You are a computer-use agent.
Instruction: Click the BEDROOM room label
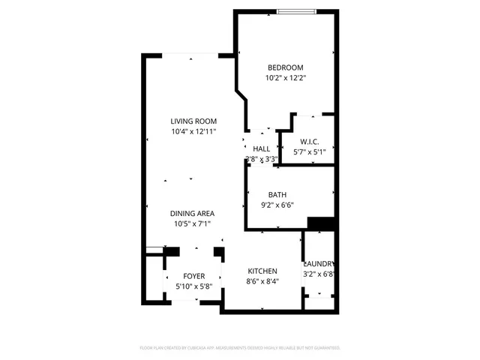(285, 66)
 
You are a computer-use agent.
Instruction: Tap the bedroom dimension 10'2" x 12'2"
(285, 77)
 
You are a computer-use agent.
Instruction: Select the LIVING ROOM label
(193, 121)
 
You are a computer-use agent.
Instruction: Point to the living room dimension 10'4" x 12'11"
(193, 133)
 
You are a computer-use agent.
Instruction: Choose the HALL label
(261, 148)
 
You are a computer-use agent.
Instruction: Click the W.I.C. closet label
(310, 141)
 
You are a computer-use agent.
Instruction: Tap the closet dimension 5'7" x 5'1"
(310, 151)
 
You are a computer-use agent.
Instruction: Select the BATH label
(289, 194)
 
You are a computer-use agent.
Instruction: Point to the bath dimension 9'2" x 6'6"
(289, 205)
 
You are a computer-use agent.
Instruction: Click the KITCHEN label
(262, 271)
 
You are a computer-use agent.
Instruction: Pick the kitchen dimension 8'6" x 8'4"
(262, 282)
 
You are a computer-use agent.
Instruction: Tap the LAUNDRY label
(319, 264)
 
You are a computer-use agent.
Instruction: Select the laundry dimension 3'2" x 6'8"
(319, 274)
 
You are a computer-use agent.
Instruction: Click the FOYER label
(193, 276)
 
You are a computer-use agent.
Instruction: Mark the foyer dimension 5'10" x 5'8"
(193, 286)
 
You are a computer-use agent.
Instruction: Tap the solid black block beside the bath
(320, 223)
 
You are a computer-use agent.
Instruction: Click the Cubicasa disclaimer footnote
(240, 348)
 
